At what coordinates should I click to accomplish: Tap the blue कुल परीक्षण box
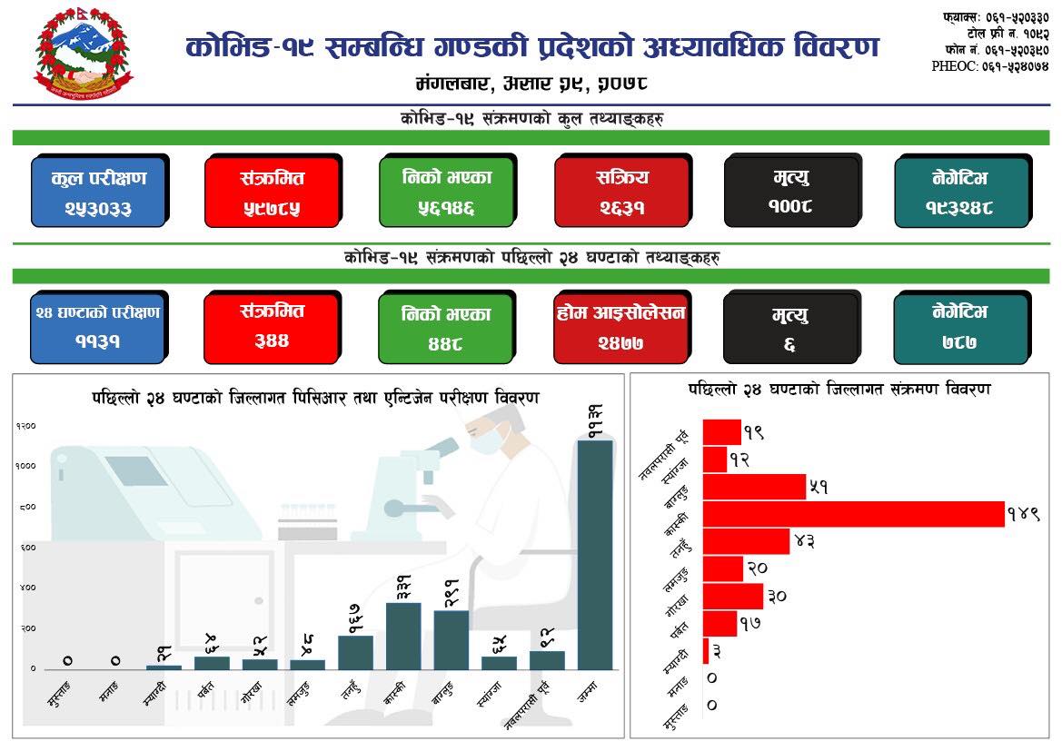click(x=98, y=192)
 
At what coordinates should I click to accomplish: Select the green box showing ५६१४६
click(x=446, y=192)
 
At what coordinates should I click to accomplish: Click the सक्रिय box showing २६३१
click(x=621, y=192)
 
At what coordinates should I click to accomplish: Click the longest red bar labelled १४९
click(x=853, y=514)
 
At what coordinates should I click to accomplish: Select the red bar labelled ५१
click(x=754, y=487)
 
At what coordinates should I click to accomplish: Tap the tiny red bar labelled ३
click(x=706, y=650)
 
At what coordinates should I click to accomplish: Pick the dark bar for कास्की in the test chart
click(x=403, y=636)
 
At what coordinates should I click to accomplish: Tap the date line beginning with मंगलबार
click(x=531, y=84)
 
